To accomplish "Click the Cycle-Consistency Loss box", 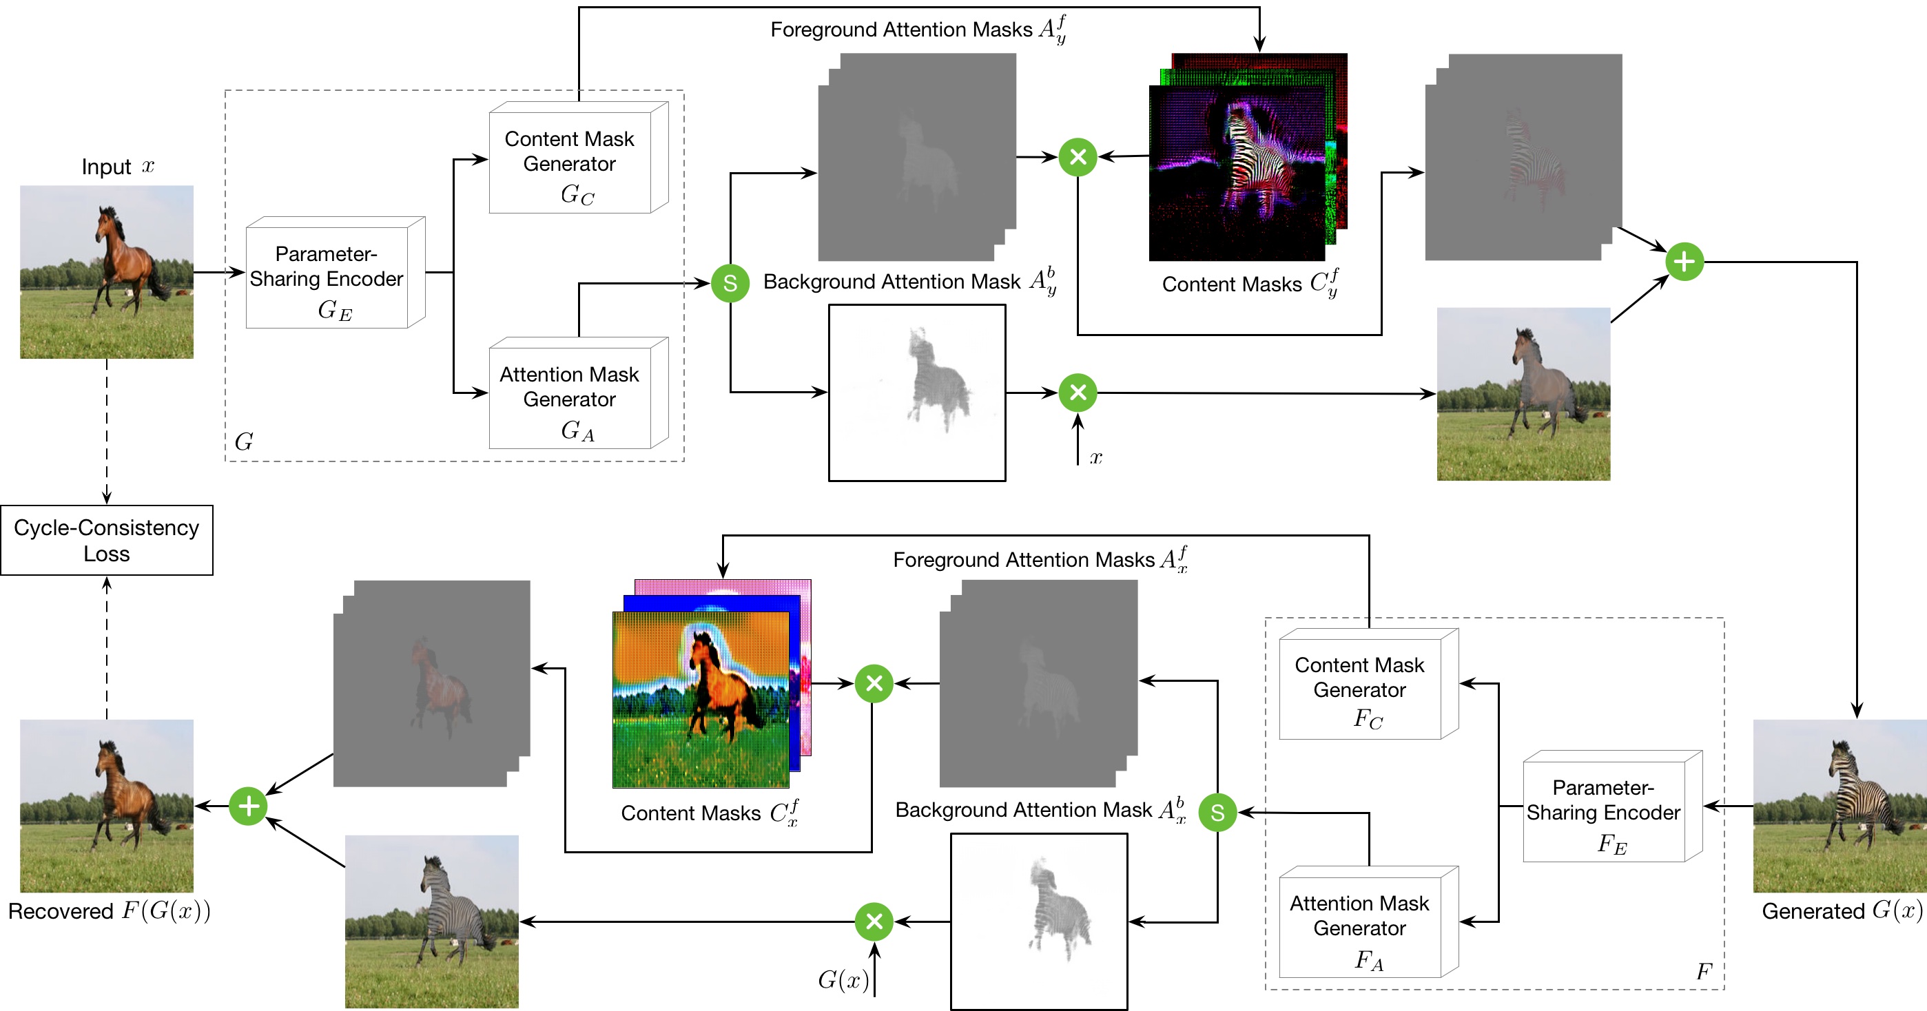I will pyautogui.click(x=106, y=540).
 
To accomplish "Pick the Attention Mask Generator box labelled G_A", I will pyautogui.click(x=570, y=397).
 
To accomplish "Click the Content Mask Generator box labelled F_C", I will pyautogui.click(x=1360, y=689).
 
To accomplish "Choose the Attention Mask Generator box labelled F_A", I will pyautogui.click(x=1360, y=926).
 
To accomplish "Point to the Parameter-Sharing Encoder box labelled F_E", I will pyautogui.click(x=1604, y=811).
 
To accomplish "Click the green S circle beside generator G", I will pyautogui.click(x=730, y=284).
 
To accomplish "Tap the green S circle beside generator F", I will pyautogui.click(x=1217, y=812).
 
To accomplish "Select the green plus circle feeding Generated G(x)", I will pyautogui.click(x=1684, y=262).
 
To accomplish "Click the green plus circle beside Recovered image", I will pyautogui.click(x=248, y=806).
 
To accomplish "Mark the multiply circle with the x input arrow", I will pyautogui.click(x=1078, y=393).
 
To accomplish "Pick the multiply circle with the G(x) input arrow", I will pyautogui.click(x=874, y=921).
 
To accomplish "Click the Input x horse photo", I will pyautogui.click(x=106, y=272).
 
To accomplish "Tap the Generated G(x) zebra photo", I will pyautogui.click(x=1840, y=806).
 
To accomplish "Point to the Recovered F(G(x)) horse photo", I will pyautogui.click(x=106, y=806).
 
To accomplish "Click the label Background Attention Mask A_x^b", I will pyautogui.click(x=1040, y=810).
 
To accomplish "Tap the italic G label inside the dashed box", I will pyautogui.click(x=244, y=442).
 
